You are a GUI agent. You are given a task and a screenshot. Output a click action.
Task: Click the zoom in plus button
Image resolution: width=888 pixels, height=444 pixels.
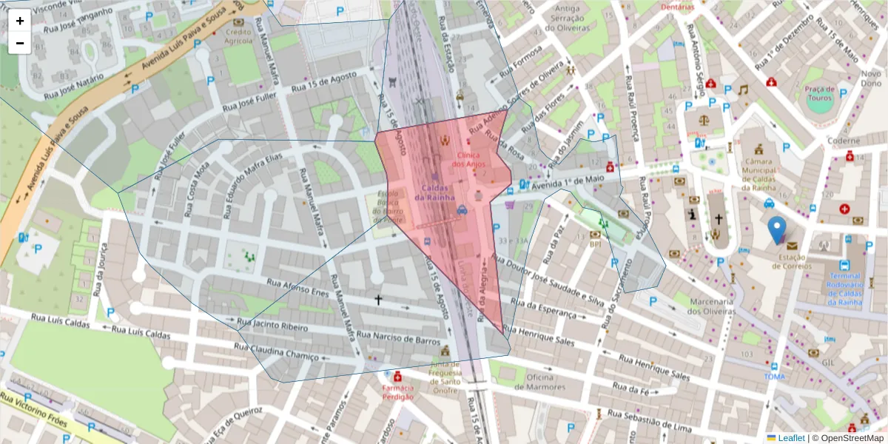[20, 21]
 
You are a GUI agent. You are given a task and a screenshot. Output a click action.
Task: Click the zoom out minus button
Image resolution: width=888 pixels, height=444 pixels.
[20, 43]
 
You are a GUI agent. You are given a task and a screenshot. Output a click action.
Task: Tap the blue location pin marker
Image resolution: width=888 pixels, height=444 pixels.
[776, 230]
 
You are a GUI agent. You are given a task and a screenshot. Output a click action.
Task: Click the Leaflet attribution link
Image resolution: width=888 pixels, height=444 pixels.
[791, 438]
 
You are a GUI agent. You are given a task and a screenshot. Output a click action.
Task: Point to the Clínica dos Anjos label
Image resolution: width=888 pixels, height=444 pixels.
[468, 159]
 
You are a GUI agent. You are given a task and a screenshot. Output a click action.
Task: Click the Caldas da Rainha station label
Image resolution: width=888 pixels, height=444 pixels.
[434, 192]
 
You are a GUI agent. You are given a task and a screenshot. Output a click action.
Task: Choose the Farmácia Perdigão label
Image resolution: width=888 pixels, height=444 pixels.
[397, 392]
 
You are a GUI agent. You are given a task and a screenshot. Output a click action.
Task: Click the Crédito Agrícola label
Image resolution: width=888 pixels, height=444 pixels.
[238, 37]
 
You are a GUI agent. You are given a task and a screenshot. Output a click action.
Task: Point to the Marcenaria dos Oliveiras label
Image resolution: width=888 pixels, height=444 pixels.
[710, 306]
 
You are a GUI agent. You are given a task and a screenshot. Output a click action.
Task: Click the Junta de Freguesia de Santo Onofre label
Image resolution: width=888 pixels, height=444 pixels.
[445, 377]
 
